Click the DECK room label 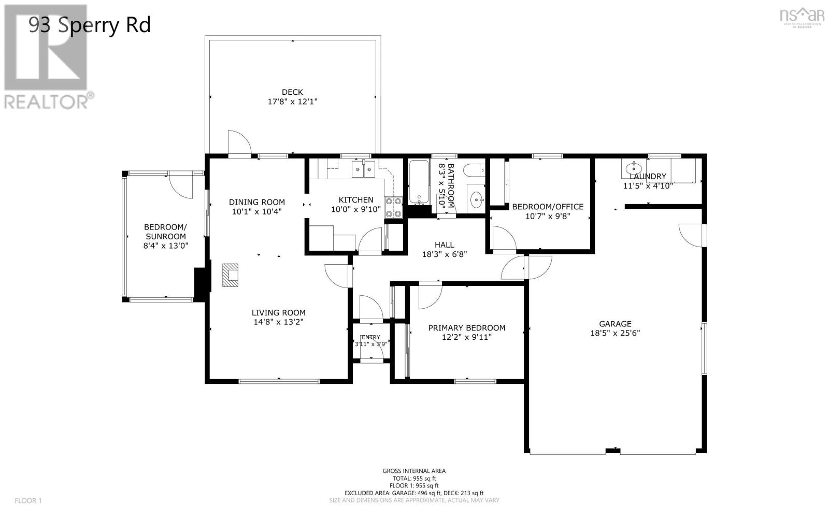(292, 92)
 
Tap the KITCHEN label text (356, 200)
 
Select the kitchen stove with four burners (393, 207)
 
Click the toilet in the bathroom (474, 169)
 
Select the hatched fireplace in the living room (231, 275)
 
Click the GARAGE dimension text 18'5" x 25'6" (615, 333)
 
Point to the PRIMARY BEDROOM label (466, 328)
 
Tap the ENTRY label (370, 337)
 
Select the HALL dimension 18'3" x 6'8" (444, 254)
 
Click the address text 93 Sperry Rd (90, 25)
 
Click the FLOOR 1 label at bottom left (28, 500)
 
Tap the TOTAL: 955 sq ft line (413, 478)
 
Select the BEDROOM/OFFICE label (548, 207)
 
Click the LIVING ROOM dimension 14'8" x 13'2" (278, 322)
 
